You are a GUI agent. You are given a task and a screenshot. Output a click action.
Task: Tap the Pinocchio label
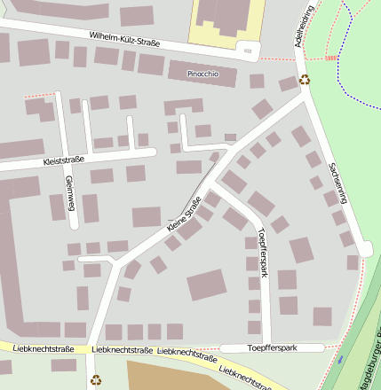[x=202, y=74]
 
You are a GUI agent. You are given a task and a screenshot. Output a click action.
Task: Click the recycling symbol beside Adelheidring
[x=305, y=80]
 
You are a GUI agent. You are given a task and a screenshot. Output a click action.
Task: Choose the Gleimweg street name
[x=68, y=190]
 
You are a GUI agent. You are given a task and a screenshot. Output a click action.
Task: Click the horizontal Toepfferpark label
[x=270, y=347]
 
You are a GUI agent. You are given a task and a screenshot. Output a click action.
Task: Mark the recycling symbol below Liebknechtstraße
[x=96, y=380]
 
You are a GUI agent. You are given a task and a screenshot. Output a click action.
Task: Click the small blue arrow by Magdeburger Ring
[x=340, y=360]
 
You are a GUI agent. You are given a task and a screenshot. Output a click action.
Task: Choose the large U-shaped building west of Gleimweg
[x=18, y=266]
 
